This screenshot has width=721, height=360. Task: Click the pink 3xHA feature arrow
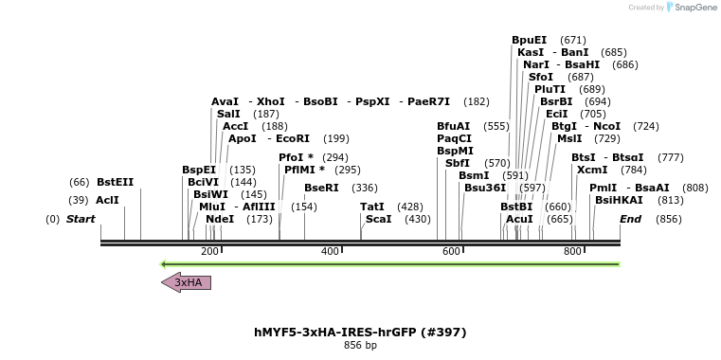187,282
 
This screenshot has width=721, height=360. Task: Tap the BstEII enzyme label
116,182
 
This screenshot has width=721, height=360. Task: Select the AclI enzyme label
107,201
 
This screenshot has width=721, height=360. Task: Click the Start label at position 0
81,219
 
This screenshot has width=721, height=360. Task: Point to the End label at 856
630,219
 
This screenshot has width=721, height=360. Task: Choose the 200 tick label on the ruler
209,251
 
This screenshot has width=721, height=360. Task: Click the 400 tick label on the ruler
331,251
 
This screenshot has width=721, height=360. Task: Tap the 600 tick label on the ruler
451,251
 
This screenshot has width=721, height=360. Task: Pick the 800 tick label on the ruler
572,251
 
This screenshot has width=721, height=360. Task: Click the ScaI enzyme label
378,219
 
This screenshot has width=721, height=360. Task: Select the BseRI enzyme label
321,188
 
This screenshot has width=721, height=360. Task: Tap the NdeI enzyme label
220,219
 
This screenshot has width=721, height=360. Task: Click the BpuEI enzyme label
529,40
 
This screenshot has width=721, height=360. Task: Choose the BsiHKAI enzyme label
619,200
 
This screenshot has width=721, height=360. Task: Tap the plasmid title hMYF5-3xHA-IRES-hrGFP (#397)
360,333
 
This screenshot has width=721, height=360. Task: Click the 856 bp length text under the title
360,346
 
